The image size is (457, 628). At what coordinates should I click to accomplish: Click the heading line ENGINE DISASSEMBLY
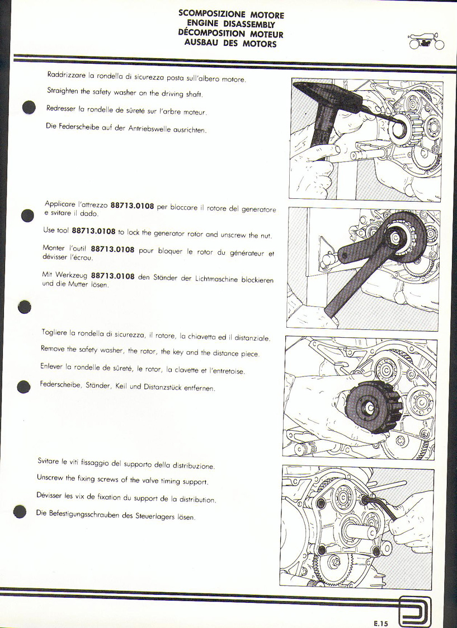pyautogui.click(x=231, y=24)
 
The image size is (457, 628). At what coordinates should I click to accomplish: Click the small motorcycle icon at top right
pyautogui.click(x=426, y=41)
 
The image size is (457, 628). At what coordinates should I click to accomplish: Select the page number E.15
pyautogui.click(x=380, y=623)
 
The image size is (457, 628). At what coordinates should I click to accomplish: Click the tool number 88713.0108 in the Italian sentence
pyautogui.click(x=133, y=206)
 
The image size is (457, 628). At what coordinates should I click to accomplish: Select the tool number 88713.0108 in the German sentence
pyautogui.click(x=113, y=276)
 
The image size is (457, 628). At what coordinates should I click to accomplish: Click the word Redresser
pyautogui.click(x=61, y=109)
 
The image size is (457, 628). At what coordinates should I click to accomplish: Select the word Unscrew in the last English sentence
pyautogui.click(x=50, y=478)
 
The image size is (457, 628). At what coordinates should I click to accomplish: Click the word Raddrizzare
pyautogui.click(x=62, y=75)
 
